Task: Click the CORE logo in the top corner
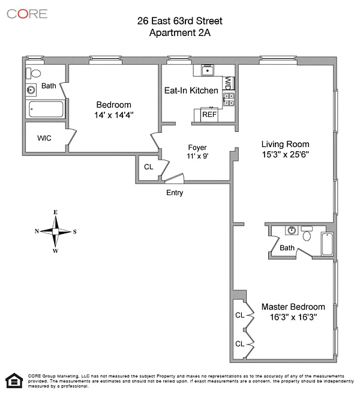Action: (x=26, y=14)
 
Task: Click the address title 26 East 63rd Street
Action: (x=179, y=22)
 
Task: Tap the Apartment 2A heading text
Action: (x=179, y=32)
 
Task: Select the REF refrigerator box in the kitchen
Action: (x=209, y=114)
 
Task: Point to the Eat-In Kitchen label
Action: (x=191, y=90)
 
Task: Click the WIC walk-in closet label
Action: (x=44, y=138)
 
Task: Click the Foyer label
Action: (x=197, y=147)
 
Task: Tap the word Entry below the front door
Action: (x=175, y=193)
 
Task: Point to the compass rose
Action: (x=55, y=231)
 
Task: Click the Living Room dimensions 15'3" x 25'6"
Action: (x=285, y=154)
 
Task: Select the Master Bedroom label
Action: (x=293, y=306)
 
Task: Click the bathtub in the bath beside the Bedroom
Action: (x=46, y=110)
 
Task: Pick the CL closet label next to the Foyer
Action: (x=148, y=167)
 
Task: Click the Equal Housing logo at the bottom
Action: (x=12, y=380)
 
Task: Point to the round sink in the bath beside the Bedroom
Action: (x=31, y=90)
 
